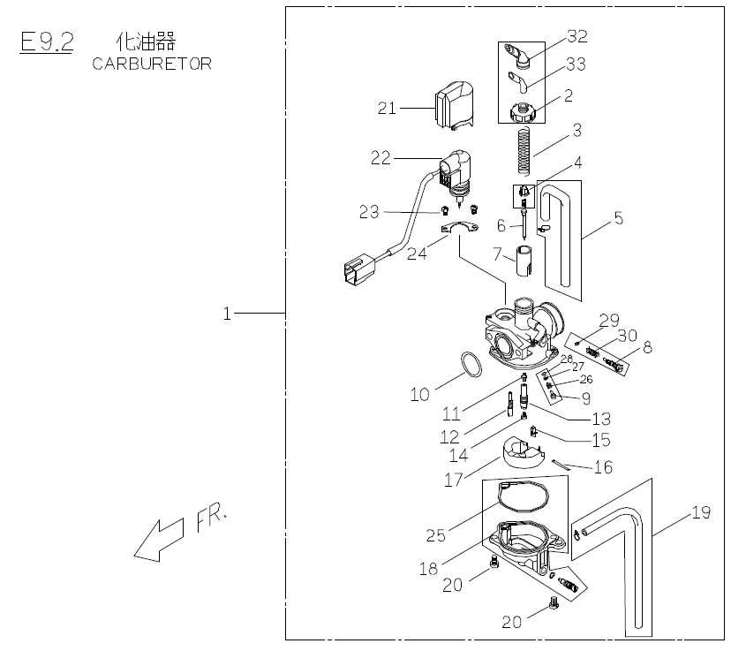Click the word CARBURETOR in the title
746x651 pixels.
tap(151, 64)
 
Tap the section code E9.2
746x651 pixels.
tap(46, 43)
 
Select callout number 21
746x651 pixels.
tap(388, 108)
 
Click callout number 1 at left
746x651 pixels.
tap(227, 313)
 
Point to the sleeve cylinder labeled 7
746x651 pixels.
tap(527, 261)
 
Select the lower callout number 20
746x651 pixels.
tap(512, 622)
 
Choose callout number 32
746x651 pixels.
tap(577, 36)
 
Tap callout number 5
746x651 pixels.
tap(619, 217)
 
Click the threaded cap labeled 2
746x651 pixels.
tap(525, 113)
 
